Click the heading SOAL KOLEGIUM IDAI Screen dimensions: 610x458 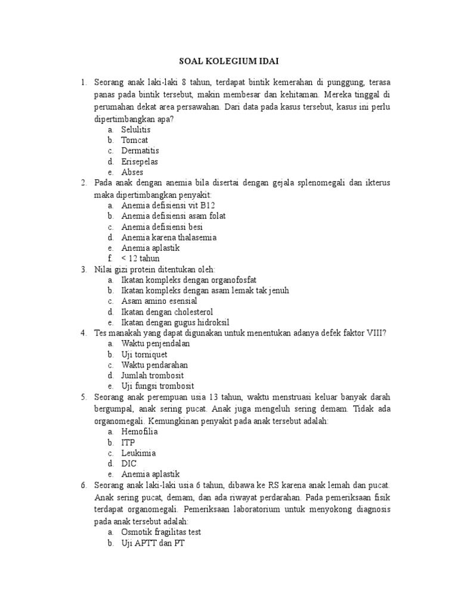tap(230, 61)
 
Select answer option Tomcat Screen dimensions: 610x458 tap(134, 140)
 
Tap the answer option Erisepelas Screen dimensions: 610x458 tap(140, 161)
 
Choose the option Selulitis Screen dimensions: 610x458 tap(136, 129)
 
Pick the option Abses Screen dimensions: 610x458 tap(132, 172)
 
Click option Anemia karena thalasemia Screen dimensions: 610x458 tap(169, 237)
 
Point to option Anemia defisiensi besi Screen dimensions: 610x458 tap(162, 226)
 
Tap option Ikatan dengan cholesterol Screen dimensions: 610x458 tap(167, 312)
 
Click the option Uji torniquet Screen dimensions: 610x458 tap(144, 354)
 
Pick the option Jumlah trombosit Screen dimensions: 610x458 tap(152, 375)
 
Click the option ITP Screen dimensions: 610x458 tap(128, 443)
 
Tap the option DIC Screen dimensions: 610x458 tap(129, 463)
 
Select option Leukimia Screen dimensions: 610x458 tap(138, 453)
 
